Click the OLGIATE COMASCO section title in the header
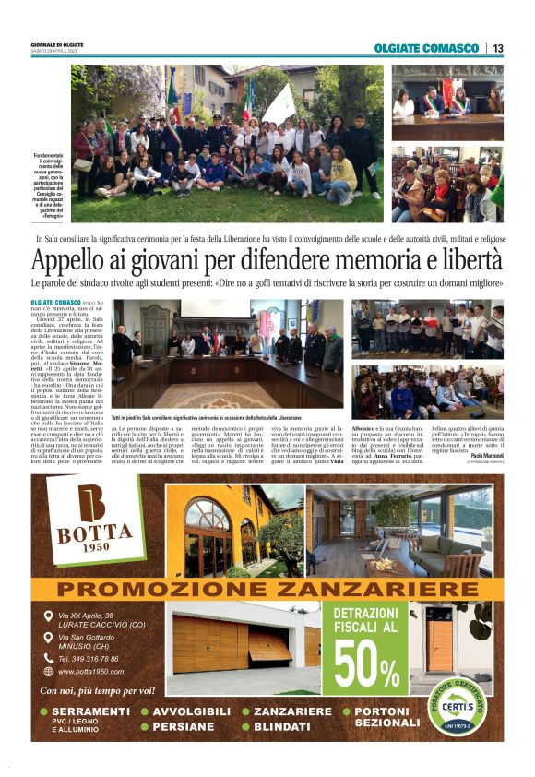(x=426, y=48)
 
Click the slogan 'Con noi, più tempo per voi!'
(x=97, y=690)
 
